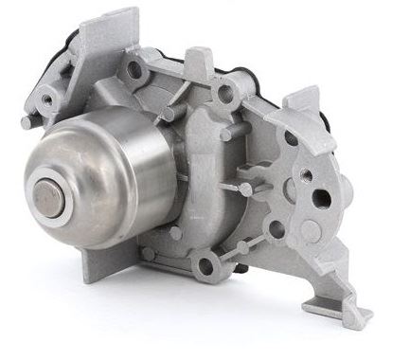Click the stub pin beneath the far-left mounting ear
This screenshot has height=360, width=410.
pyautogui.click(x=27, y=121)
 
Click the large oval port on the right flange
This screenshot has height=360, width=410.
pyautogui.click(x=321, y=199)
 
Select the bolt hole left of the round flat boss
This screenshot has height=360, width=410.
pyautogui.click(x=276, y=228)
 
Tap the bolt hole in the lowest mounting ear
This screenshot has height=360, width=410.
pyautogui.click(x=204, y=266)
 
